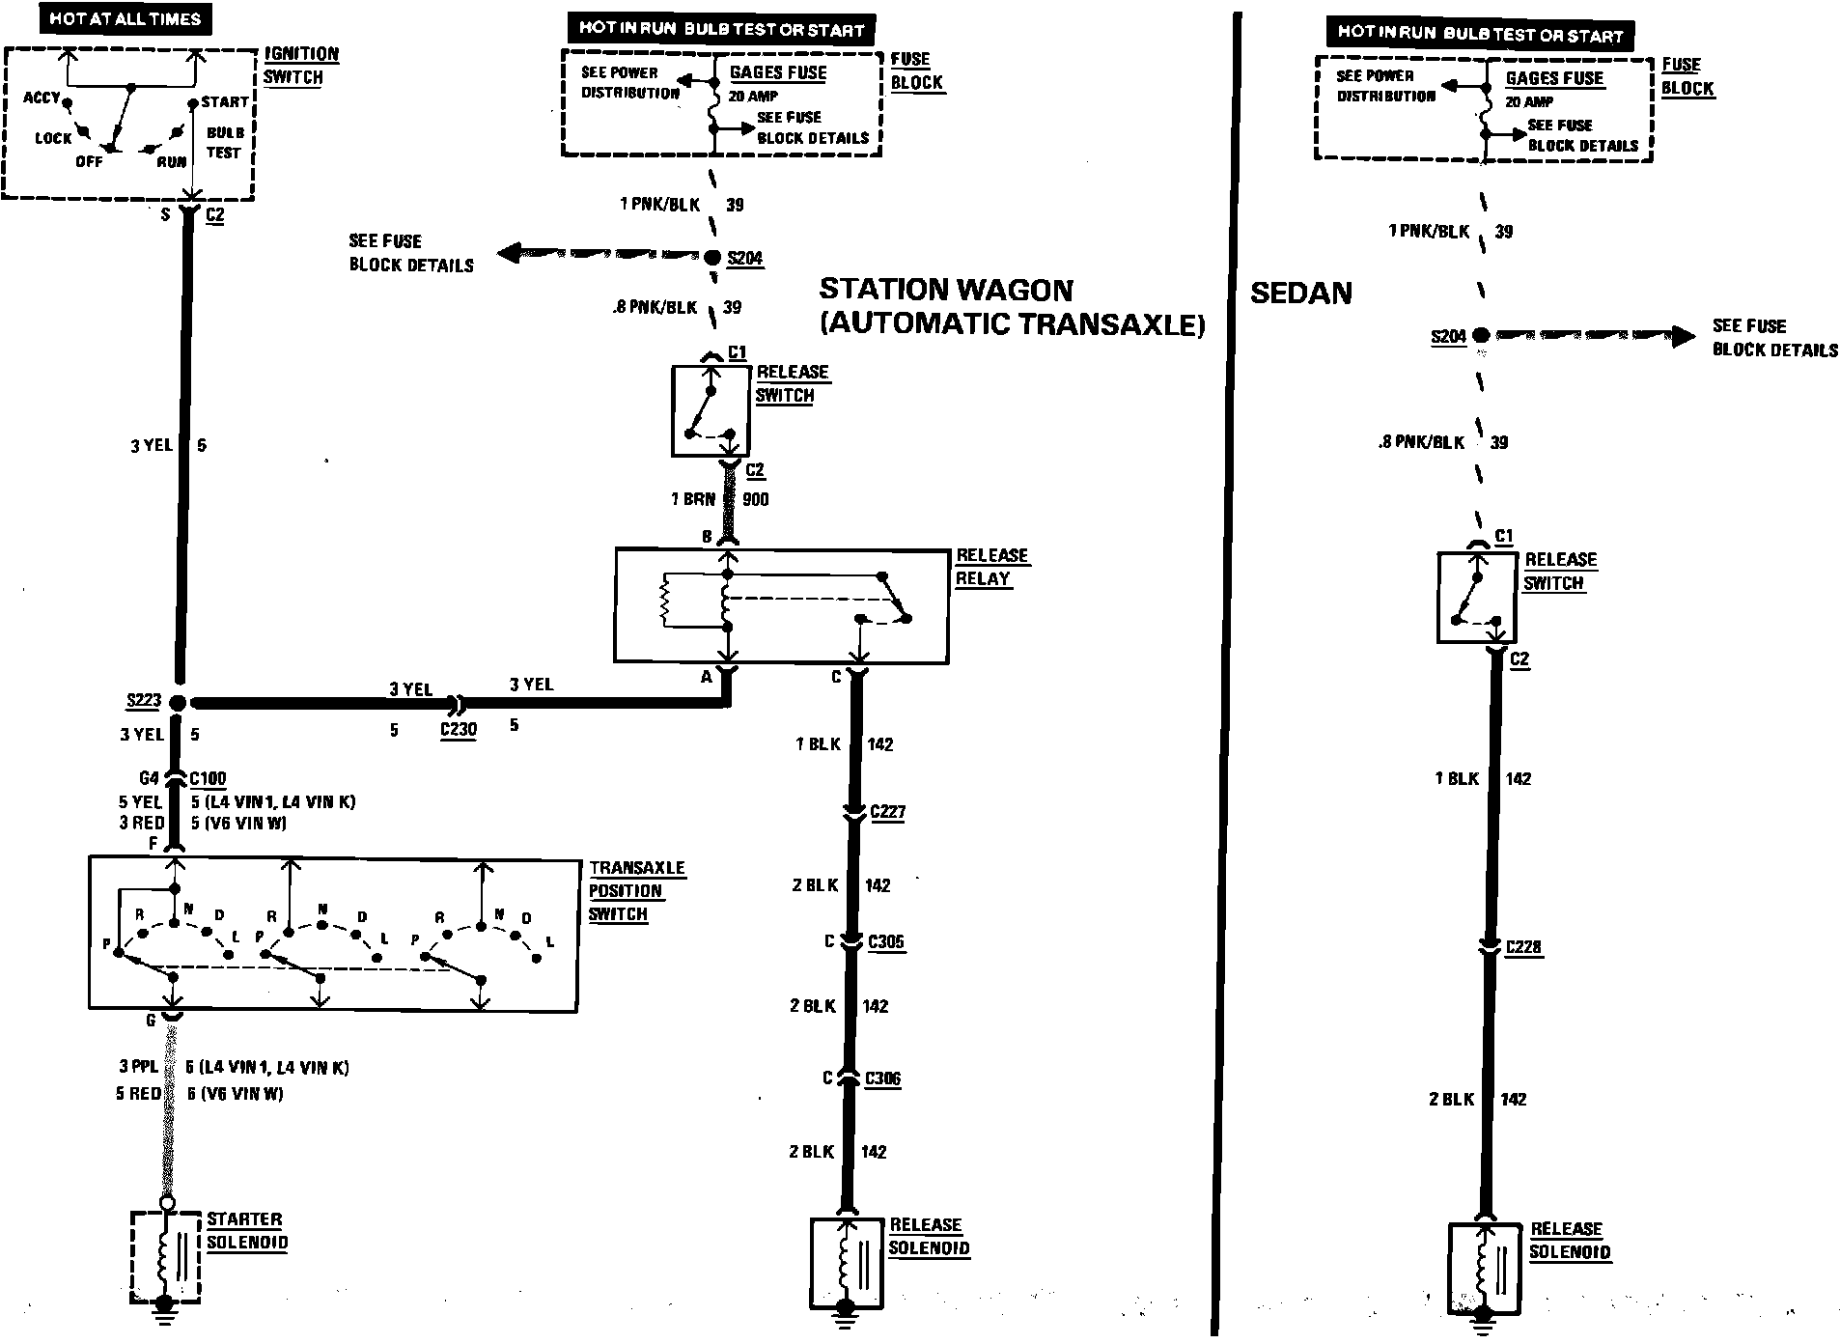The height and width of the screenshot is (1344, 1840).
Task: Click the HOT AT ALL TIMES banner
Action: point(125,18)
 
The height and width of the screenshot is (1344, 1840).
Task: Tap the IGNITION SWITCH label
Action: point(301,66)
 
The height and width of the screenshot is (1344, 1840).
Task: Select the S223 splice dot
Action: point(178,703)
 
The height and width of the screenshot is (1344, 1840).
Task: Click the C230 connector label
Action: point(459,729)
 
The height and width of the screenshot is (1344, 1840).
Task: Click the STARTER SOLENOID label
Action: point(246,1231)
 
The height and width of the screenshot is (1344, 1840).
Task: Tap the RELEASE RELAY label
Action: point(991,567)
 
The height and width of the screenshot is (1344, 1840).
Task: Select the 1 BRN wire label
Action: point(693,499)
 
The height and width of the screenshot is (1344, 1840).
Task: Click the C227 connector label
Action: point(887,812)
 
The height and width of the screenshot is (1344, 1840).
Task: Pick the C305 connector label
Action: point(886,941)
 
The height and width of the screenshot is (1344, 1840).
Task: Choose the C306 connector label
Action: point(882,1078)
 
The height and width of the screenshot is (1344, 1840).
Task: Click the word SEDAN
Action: point(1300,294)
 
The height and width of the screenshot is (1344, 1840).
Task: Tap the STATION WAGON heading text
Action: point(946,290)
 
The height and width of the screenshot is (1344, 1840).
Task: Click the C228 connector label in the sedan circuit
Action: point(1523,947)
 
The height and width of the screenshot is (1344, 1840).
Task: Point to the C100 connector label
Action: point(208,778)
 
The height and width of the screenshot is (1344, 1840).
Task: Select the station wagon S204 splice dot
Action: point(711,257)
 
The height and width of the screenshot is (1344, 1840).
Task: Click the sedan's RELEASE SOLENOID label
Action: point(1569,1241)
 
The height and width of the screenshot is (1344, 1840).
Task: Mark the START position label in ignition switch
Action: point(224,101)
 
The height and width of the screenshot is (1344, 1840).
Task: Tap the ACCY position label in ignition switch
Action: point(42,98)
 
